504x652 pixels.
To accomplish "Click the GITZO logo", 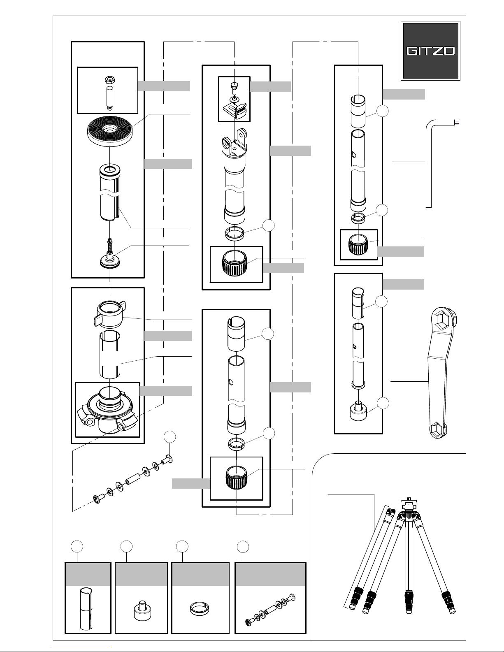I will click(x=430, y=51).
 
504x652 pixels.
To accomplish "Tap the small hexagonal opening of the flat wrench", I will click(x=438, y=431).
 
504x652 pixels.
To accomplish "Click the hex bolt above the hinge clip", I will click(x=234, y=86).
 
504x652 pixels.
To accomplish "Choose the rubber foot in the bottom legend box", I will click(x=141, y=610).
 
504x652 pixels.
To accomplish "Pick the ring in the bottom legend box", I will click(x=200, y=608).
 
